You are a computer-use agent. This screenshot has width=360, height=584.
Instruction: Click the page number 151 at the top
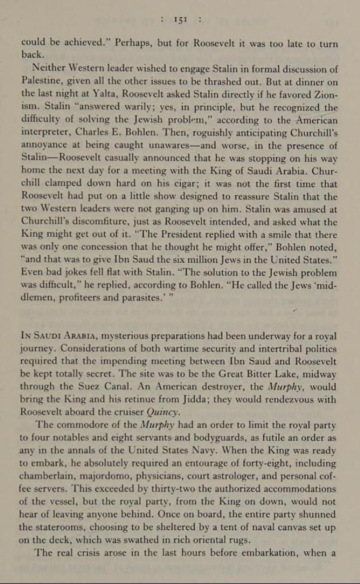click(179, 20)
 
